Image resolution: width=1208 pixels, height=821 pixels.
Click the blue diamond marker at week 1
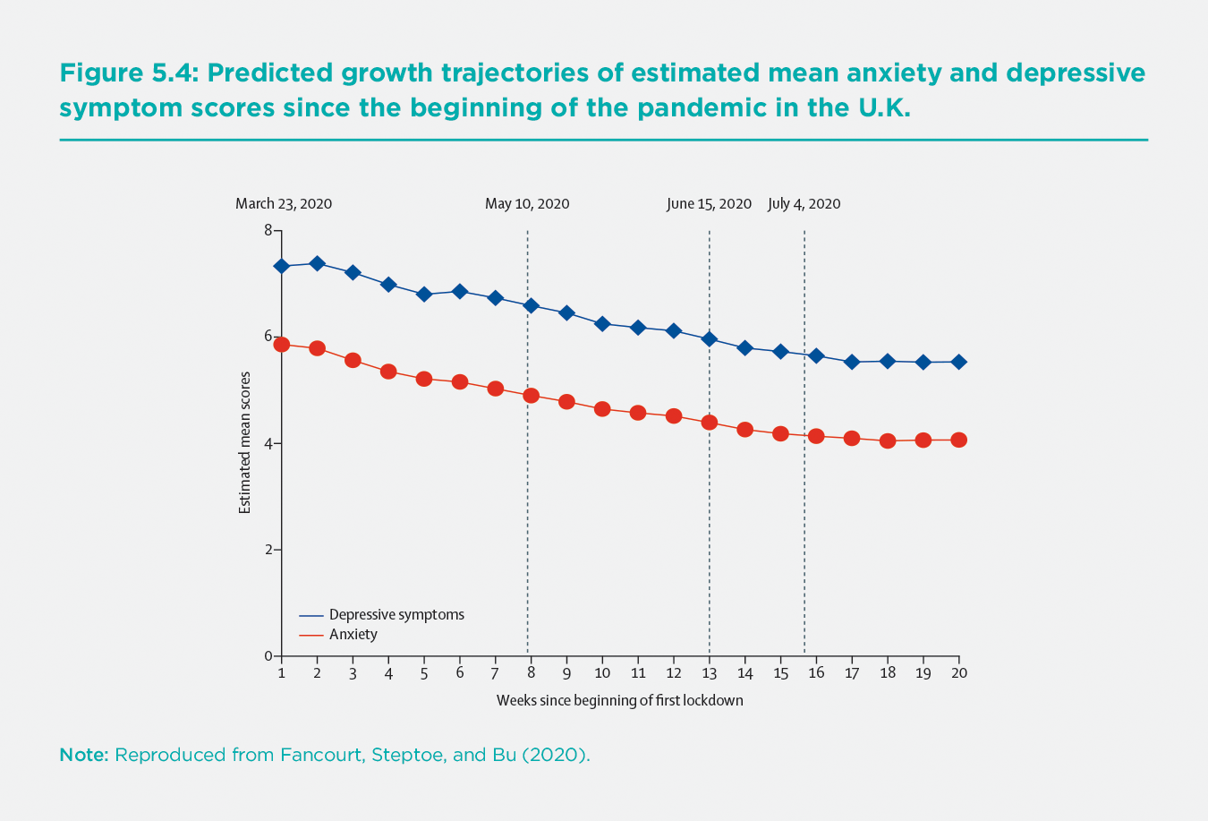(x=282, y=266)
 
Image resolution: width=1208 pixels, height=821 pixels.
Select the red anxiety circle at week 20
(x=958, y=440)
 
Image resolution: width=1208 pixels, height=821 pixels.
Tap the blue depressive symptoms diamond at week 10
(x=602, y=324)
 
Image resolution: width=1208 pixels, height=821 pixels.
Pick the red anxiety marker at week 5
(x=424, y=379)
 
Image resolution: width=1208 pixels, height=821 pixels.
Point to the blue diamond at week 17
(x=852, y=362)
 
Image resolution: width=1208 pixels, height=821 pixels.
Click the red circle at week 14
(x=744, y=430)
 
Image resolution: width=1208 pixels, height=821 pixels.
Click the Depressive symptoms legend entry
(x=396, y=615)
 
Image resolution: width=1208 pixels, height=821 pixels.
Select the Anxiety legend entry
(x=353, y=635)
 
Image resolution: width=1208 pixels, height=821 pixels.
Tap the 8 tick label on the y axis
(x=268, y=230)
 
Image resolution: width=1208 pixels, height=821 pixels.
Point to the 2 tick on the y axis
(x=268, y=550)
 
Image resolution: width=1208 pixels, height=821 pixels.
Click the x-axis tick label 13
(x=710, y=673)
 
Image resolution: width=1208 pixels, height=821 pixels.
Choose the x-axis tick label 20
(x=958, y=673)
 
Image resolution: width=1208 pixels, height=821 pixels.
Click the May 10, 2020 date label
(x=527, y=204)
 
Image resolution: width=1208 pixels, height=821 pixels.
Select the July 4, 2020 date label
(x=804, y=204)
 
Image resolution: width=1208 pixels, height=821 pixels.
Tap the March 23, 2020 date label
(x=284, y=204)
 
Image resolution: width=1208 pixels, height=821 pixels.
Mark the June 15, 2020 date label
(x=709, y=204)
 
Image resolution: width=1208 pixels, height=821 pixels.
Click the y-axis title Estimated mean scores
(x=244, y=442)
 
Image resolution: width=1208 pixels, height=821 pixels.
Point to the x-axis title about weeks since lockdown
(x=619, y=700)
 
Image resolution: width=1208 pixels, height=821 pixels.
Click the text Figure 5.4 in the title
(x=128, y=73)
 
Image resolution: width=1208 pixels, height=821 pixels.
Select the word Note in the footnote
(x=83, y=755)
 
